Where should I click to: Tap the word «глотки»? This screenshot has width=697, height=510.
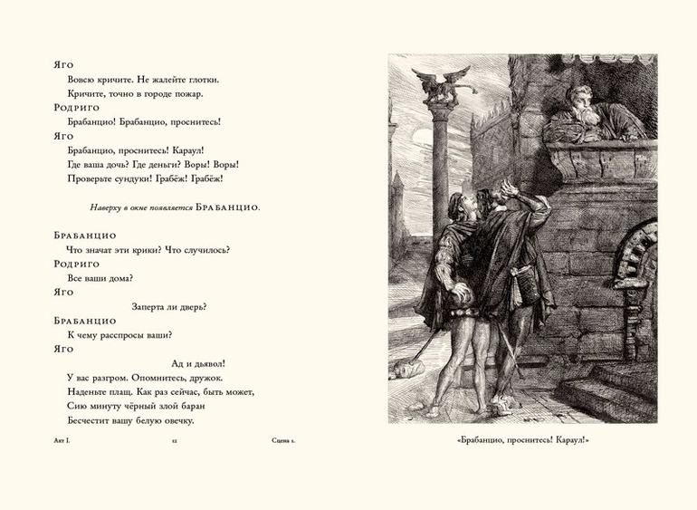[x=202, y=79]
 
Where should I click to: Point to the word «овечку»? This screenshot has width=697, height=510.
[x=175, y=420]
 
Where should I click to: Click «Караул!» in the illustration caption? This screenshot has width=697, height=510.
[x=569, y=441]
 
